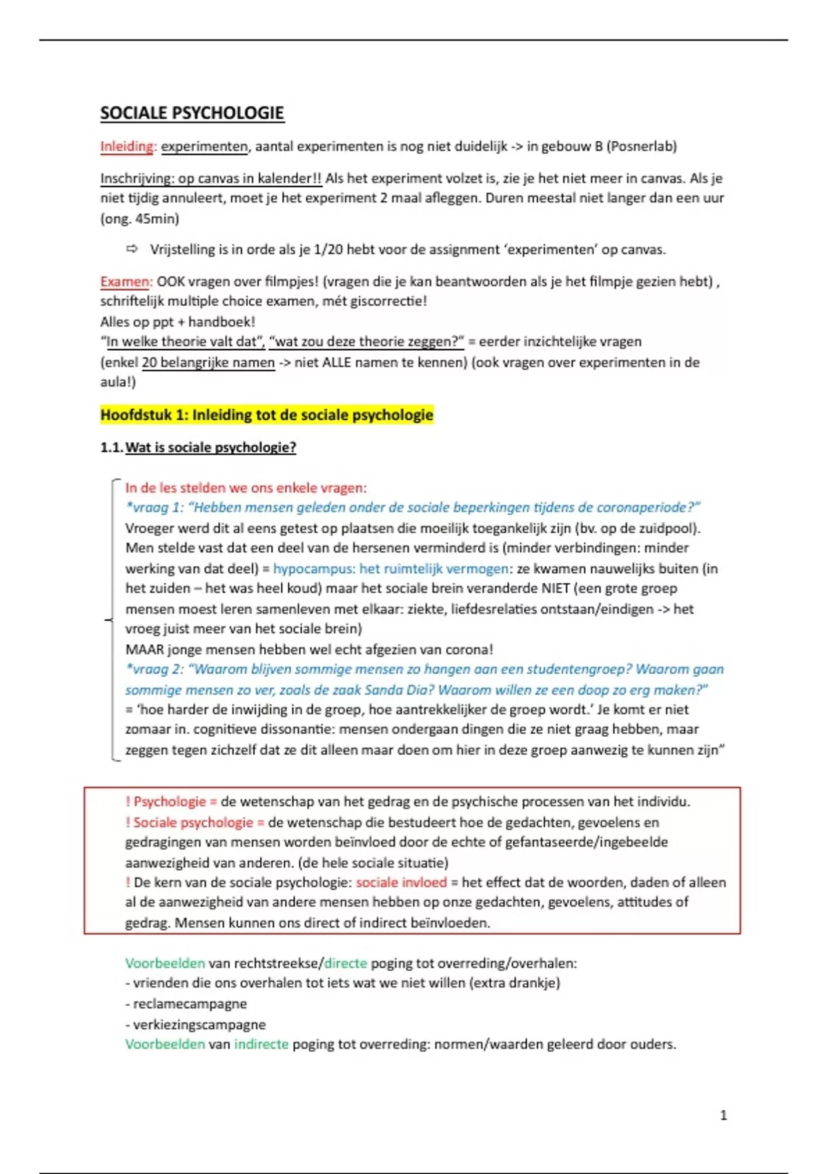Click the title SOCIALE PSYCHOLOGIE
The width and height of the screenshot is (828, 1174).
pyautogui.click(x=192, y=113)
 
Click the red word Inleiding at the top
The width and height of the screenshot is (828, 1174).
pyautogui.click(x=128, y=146)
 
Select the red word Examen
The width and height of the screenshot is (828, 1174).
pyautogui.click(x=125, y=282)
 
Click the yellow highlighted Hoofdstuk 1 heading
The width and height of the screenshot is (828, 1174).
pyautogui.click(x=266, y=415)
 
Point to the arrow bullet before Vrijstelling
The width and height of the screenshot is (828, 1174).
pyautogui.click(x=132, y=249)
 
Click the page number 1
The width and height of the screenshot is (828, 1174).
pyautogui.click(x=723, y=1115)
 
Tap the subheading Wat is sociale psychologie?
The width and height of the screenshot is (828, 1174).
pyautogui.click(x=210, y=448)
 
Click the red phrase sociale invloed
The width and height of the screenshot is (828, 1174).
pyautogui.click(x=402, y=883)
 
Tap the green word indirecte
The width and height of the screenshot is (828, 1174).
pyautogui.click(x=261, y=1044)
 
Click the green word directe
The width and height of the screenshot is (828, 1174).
pyautogui.click(x=345, y=963)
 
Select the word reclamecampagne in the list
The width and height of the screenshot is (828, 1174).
pyautogui.click(x=190, y=1004)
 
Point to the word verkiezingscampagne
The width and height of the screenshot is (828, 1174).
pyautogui.click(x=199, y=1025)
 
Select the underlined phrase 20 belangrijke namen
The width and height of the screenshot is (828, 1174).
pyautogui.click(x=208, y=363)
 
